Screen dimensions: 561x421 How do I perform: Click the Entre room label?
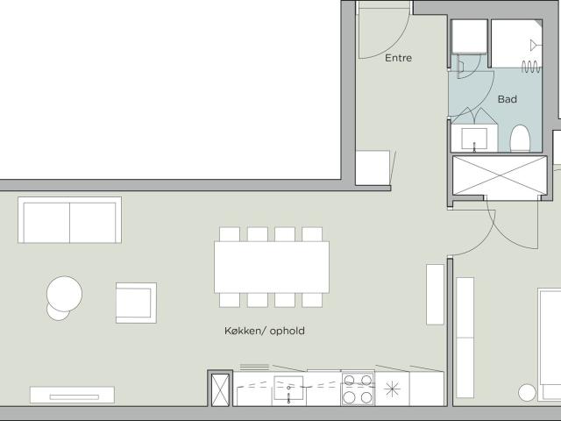(398, 58)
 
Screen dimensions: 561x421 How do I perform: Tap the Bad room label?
(508, 99)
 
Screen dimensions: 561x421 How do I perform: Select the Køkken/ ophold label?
(265, 331)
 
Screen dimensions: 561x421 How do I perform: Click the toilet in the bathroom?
(520, 139)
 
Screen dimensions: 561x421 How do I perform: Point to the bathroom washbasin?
(474, 139)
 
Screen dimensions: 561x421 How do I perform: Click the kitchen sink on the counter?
(288, 388)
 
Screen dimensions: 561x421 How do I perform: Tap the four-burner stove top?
(358, 389)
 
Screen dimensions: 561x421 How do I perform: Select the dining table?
(272, 267)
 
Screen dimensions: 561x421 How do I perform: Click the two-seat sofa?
(70, 220)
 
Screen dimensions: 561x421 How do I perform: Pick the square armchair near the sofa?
(136, 303)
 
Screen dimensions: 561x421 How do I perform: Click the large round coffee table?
(64, 294)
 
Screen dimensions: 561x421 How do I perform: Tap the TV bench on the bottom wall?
(72, 395)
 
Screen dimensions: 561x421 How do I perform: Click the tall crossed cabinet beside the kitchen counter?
(220, 389)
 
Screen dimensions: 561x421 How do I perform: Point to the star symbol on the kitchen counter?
(392, 389)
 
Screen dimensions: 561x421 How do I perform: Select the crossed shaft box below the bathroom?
(500, 175)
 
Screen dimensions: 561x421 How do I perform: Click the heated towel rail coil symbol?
(531, 67)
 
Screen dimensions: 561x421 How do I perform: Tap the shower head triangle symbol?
(534, 46)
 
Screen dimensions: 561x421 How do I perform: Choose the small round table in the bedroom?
(527, 393)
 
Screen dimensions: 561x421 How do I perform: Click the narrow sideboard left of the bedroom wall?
(435, 295)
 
